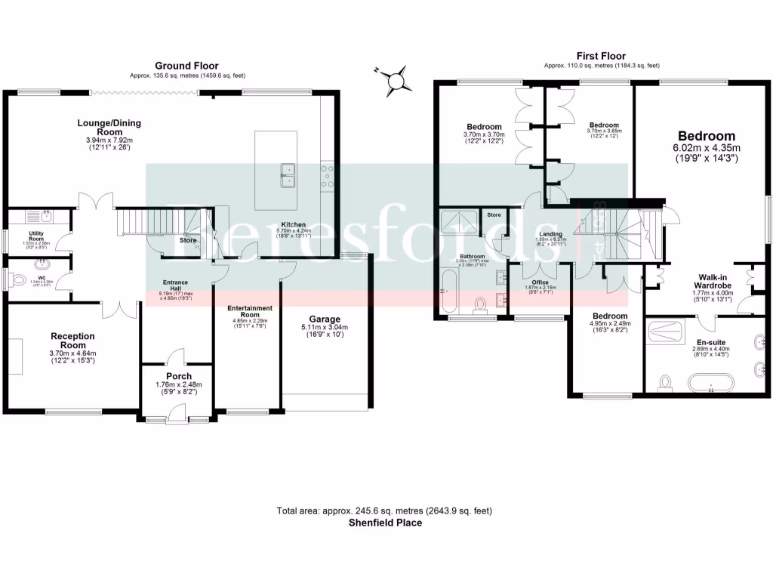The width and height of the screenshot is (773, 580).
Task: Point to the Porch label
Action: click(x=179, y=375)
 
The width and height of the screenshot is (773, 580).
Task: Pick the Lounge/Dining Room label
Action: click(x=109, y=127)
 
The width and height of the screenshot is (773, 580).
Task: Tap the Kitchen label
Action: click(x=294, y=225)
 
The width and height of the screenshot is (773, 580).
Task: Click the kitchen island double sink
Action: click(x=287, y=174)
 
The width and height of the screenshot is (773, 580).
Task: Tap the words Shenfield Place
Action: click(x=385, y=522)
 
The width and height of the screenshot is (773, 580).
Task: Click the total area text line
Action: click(x=385, y=511)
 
